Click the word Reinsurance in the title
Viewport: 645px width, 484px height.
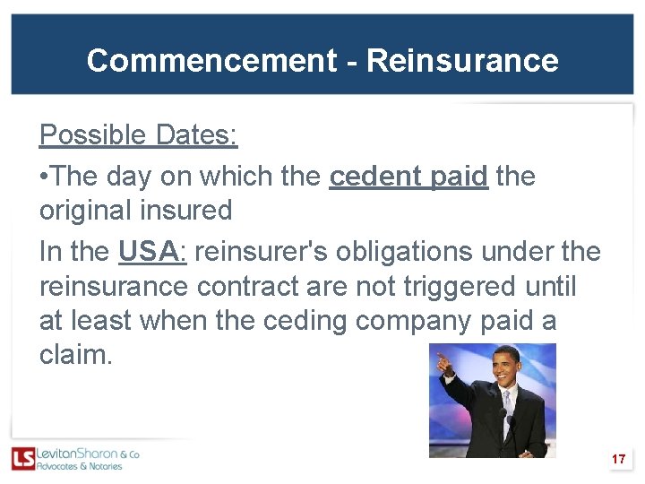click(x=462, y=61)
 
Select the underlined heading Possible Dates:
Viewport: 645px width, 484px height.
click(x=139, y=135)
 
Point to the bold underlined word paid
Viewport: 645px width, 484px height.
click(x=459, y=177)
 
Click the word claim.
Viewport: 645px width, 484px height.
click(x=75, y=355)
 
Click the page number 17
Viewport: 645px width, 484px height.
click(x=618, y=460)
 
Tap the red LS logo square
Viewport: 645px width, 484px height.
click(x=23, y=459)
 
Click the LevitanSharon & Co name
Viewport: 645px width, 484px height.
click(x=87, y=454)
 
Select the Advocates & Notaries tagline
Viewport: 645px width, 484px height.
click(x=79, y=467)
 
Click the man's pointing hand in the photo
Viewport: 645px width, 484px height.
click(x=441, y=361)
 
